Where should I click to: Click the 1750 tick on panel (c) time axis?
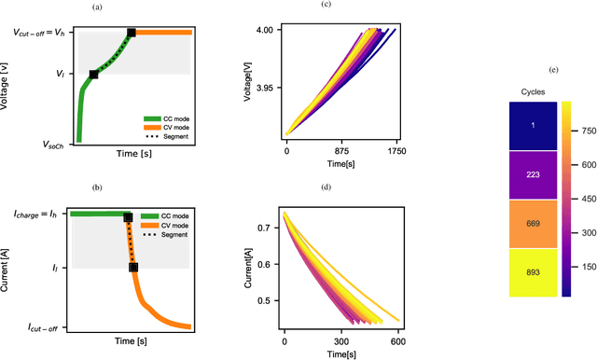397,149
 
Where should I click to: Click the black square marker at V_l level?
93,74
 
